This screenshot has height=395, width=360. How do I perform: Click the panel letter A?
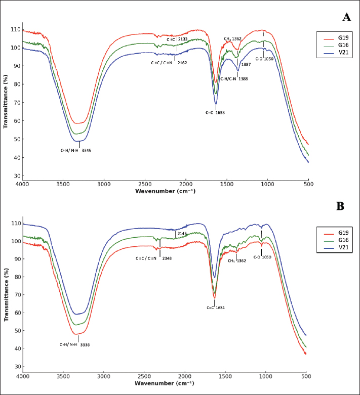click(346, 17)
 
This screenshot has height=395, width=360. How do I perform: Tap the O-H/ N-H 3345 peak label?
click(76, 150)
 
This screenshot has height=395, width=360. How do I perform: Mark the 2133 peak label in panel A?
click(183, 38)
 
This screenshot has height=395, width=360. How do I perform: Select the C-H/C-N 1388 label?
click(234, 78)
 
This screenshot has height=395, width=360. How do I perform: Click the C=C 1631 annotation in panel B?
click(216, 307)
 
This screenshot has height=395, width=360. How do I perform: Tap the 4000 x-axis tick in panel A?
click(22, 184)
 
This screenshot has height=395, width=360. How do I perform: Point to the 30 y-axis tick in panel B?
click(17, 366)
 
